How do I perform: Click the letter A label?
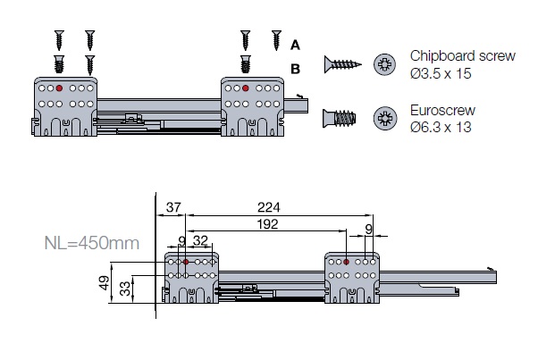pyautogui.click(x=296, y=45)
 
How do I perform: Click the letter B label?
pyautogui.click(x=296, y=67)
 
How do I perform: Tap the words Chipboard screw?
pyautogui.click(x=463, y=56)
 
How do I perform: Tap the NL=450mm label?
pyautogui.click(x=91, y=241)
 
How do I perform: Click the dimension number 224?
pyautogui.click(x=268, y=207)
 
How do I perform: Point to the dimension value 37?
pyautogui.click(x=172, y=207)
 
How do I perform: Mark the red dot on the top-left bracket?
pyautogui.click(x=59, y=88)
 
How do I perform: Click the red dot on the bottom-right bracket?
pyautogui.click(x=347, y=263)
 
